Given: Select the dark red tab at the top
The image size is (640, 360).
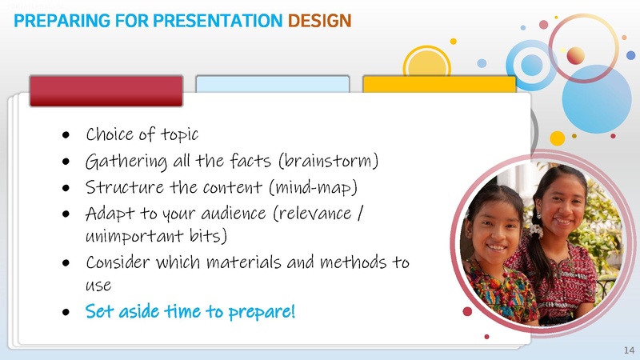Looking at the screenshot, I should point(106,90).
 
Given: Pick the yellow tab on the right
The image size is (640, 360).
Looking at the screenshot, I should point(438,85).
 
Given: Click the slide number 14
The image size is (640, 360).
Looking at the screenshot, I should point(628,351).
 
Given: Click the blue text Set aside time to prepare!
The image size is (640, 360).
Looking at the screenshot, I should point(190,310).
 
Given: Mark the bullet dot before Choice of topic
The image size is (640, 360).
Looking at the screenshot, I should point(67,134).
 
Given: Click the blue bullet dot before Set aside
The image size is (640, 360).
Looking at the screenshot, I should point(67,311).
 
